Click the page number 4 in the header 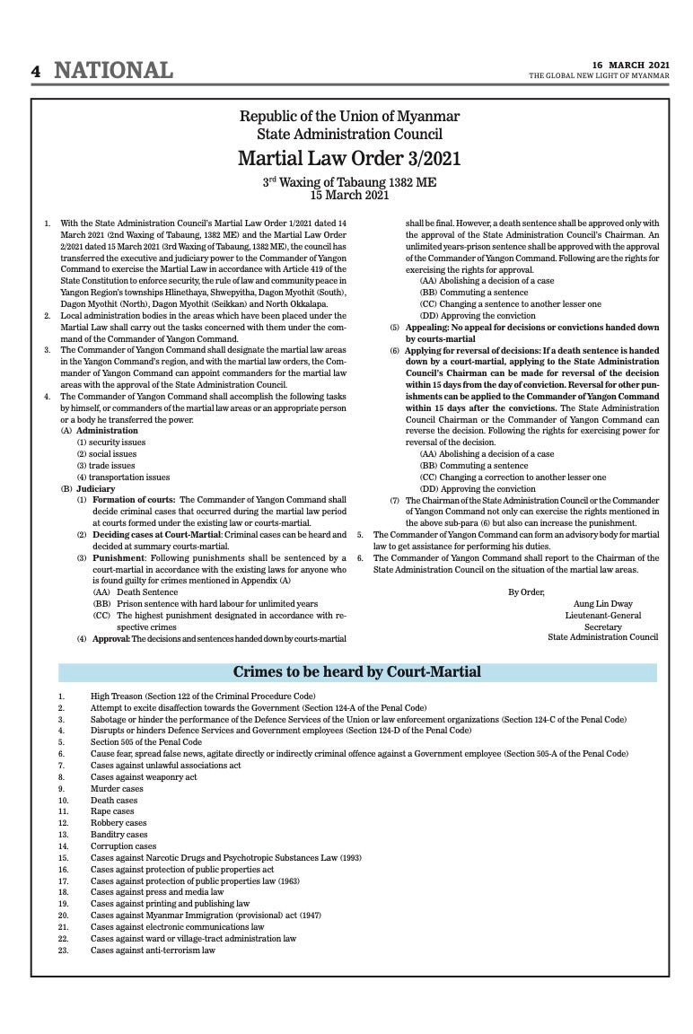click(x=36, y=71)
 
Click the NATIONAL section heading click(x=114, y=70)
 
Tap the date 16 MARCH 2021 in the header click(x=630, y=65)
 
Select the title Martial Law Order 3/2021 click(x=349, y=159)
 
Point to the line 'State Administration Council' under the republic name click(x=349, y=135)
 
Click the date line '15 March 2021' click(x=349, y=194)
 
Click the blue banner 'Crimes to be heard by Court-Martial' click(x=357, y=671)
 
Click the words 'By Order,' click(x=526, y=591)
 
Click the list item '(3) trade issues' click(x=106, y=466)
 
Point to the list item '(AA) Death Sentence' click(x=136, y=592)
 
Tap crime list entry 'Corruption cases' click(x=123, y=846)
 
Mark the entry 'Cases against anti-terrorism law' click(x=153, y=950)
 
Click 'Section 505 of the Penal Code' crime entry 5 click(x=146, y=742)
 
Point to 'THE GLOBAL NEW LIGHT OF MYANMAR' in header click(x=599, y=75)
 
